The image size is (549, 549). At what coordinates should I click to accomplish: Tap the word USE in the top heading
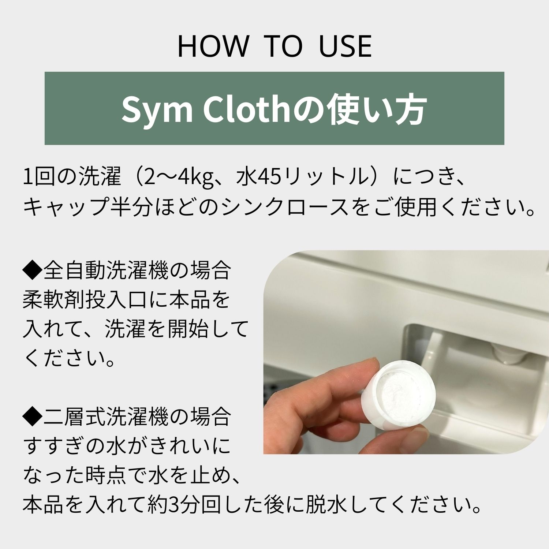click(346, 46)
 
